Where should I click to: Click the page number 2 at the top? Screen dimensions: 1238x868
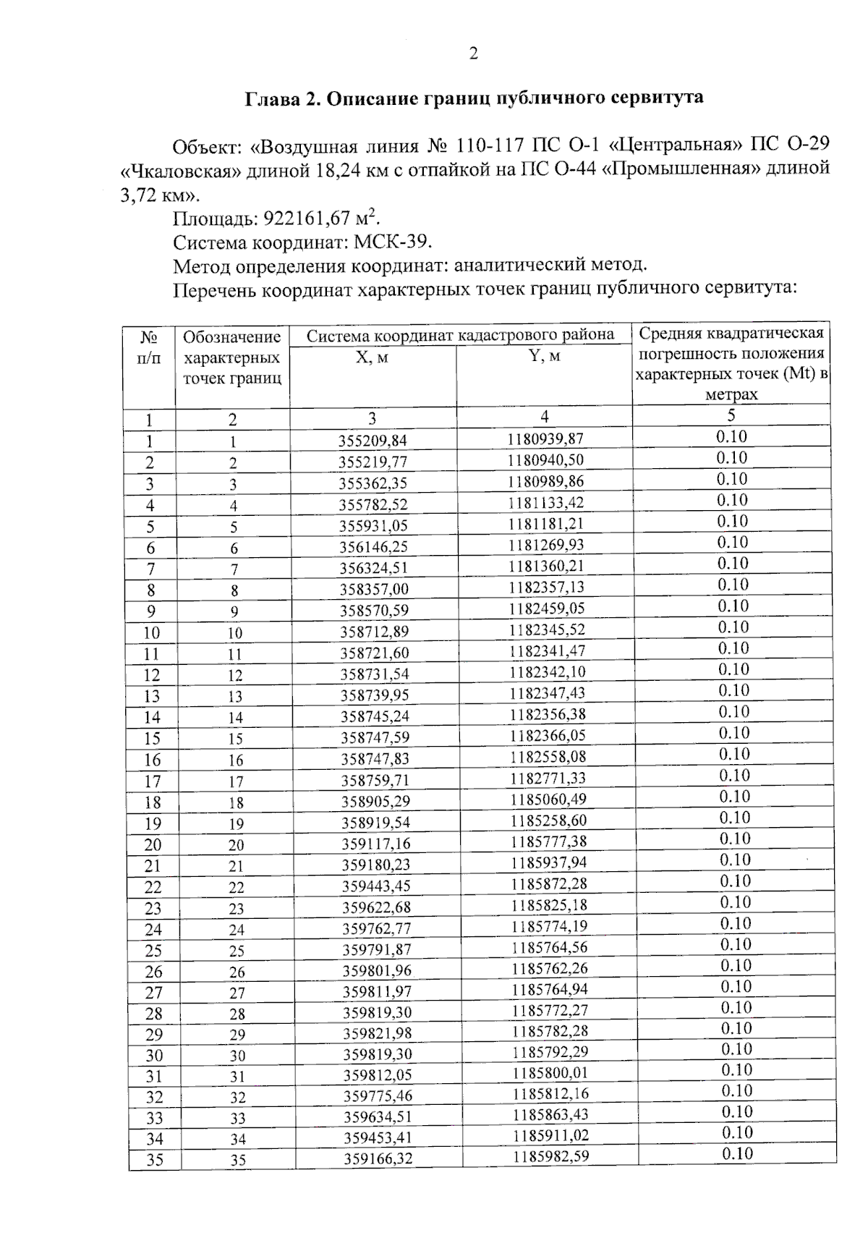click(474, 54)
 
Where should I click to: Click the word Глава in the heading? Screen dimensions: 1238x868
click(271, 98)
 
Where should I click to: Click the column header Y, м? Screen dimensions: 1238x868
click(544, 356)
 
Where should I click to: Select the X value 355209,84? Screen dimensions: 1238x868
click(373, 441)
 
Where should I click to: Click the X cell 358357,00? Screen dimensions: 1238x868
click(374, 589)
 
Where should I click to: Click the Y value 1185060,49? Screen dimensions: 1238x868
click(548, 800)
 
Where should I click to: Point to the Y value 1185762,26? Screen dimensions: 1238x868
click(549, 968)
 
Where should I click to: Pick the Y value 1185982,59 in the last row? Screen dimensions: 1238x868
click(551, 1156)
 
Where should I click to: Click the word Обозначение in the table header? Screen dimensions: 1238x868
click(231, 337)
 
